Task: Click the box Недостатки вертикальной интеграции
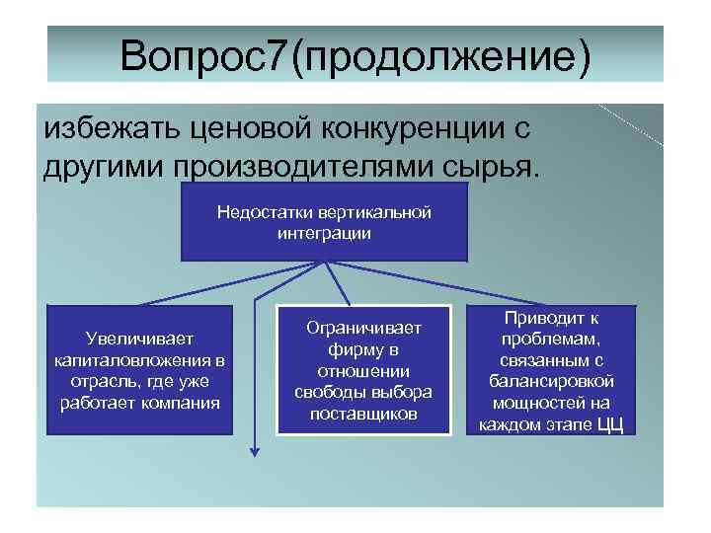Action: pos(324,223)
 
